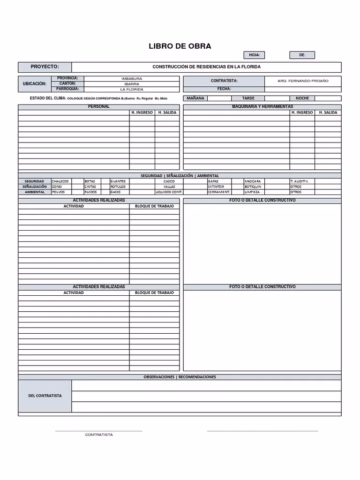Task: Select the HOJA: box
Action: point(254,55)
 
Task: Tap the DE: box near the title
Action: point(302,55)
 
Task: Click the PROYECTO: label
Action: point(45,67)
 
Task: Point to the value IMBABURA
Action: point(132,79)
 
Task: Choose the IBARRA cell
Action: point(132,84)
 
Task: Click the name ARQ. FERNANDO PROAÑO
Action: point(303,81)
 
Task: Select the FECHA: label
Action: point(224,89)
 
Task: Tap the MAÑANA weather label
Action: point(195,98)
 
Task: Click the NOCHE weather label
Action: point(302,98)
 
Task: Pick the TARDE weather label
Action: point(248,98)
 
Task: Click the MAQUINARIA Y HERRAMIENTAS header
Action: point(262,107)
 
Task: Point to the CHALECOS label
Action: point(60,181)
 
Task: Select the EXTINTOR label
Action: point(216,187)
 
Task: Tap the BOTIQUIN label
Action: point(253,187)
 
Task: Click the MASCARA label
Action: point(253,181)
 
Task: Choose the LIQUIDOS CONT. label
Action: point(169,192)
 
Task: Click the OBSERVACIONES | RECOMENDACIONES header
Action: point(180,377)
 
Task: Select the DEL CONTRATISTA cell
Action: point(45,396)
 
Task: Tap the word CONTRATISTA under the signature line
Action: point(99,435)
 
